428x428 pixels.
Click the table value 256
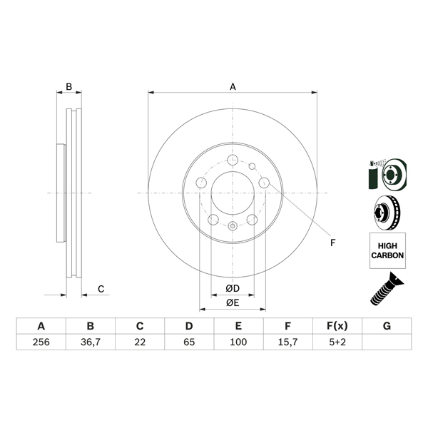pos(41,342)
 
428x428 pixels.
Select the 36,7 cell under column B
pos(91,342)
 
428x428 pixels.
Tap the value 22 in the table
pos(140,342)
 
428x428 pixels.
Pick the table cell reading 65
pos(189,342)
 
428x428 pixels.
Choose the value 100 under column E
pos(238,342)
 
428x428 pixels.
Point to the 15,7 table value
pos(287,342)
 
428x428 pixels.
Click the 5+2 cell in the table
pos(337,342)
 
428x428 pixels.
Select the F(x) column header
pos(337,326)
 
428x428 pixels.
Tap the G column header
pos(387,326)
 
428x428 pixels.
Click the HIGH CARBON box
pos(387,250)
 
